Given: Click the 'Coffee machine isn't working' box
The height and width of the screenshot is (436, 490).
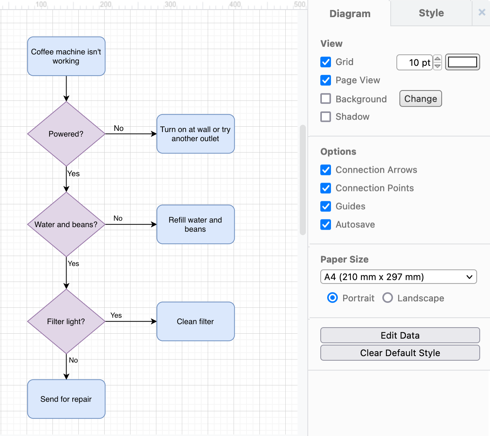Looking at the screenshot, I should tap(66, 56).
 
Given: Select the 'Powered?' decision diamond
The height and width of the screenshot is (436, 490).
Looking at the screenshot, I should tap(66, 134).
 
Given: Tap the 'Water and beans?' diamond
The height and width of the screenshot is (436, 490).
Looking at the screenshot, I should tap(66, 224).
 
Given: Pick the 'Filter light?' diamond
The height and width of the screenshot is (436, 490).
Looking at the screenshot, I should tap(66, 321).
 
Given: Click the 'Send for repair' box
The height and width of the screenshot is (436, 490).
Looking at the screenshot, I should tap(66, 399).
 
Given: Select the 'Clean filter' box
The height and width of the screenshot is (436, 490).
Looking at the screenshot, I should tap(196, 321).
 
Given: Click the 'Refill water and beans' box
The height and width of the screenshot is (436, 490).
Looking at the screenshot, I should tap(196, 224).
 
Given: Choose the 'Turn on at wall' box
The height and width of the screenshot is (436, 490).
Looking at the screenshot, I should tap(196, 134).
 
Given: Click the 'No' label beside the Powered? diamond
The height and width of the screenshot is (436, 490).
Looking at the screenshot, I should tap(119, 128).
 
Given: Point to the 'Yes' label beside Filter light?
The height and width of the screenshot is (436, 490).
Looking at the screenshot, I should tap(116, 315).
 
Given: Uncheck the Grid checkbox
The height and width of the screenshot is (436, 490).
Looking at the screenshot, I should tap(326, 62).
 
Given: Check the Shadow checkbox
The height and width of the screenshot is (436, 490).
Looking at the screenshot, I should tap(326, 117).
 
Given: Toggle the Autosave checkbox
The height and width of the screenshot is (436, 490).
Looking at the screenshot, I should tap(326, 224).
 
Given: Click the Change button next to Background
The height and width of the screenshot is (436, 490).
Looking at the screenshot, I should tap(420, 99).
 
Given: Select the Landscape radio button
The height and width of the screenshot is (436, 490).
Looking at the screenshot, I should tap(388, 298).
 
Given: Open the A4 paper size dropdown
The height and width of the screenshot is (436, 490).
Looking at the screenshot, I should tap(398, 277).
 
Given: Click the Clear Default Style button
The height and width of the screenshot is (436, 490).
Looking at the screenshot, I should tap(400, 353).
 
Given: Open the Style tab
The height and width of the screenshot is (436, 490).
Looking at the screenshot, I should tap(431, 13).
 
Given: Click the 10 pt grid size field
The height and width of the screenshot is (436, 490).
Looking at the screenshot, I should tap(414, 63).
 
